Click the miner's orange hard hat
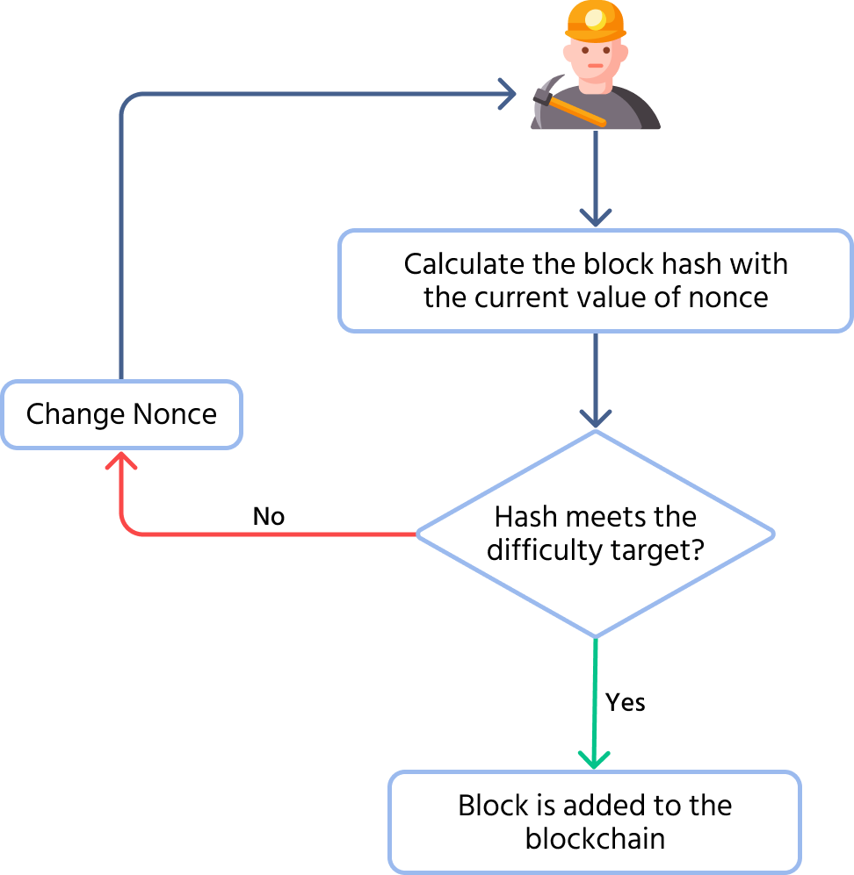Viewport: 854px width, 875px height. tap(595, 19)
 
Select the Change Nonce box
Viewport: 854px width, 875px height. tap(121, 414)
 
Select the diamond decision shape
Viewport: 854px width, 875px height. tap(595, 534)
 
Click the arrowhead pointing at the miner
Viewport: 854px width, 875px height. tap(508, 93)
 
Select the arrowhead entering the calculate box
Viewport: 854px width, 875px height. tap(596, 217)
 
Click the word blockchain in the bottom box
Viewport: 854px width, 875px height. tap(595, 838)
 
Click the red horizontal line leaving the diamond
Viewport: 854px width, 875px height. tap(281, 534)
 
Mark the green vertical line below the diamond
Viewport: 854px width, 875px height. tap(596, 693)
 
